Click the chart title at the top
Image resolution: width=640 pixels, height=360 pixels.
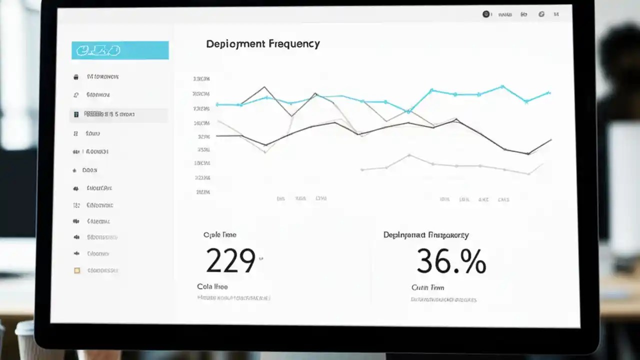pos(262,44)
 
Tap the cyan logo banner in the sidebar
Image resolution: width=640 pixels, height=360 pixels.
pos(120,50)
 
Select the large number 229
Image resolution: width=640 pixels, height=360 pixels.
pos(230,260)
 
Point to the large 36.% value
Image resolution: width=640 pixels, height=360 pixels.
pos(451,261)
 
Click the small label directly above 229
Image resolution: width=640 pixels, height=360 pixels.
pos(220,234)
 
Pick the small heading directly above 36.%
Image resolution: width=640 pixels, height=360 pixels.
pos(426,234)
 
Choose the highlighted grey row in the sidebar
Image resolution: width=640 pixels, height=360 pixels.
pos(118,114)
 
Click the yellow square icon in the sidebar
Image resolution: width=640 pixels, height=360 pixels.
pos(76,270)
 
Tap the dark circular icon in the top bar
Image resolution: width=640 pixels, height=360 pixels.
pos(485,14)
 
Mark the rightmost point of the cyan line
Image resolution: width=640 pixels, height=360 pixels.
pos(549,92)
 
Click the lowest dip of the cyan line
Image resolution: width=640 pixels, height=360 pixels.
pos(408,111)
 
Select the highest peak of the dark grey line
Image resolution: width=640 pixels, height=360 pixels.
pos(264,87)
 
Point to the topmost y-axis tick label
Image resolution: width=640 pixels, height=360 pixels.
pos(201,79)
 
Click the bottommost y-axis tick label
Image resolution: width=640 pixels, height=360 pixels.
pos(202,191)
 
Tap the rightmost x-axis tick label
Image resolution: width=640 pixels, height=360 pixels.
pos(503,199)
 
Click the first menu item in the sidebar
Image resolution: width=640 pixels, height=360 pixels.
pos(102,77)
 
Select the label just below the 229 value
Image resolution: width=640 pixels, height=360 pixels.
pos(212,286)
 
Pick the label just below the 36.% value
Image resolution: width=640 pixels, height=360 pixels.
pos(427,287)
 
